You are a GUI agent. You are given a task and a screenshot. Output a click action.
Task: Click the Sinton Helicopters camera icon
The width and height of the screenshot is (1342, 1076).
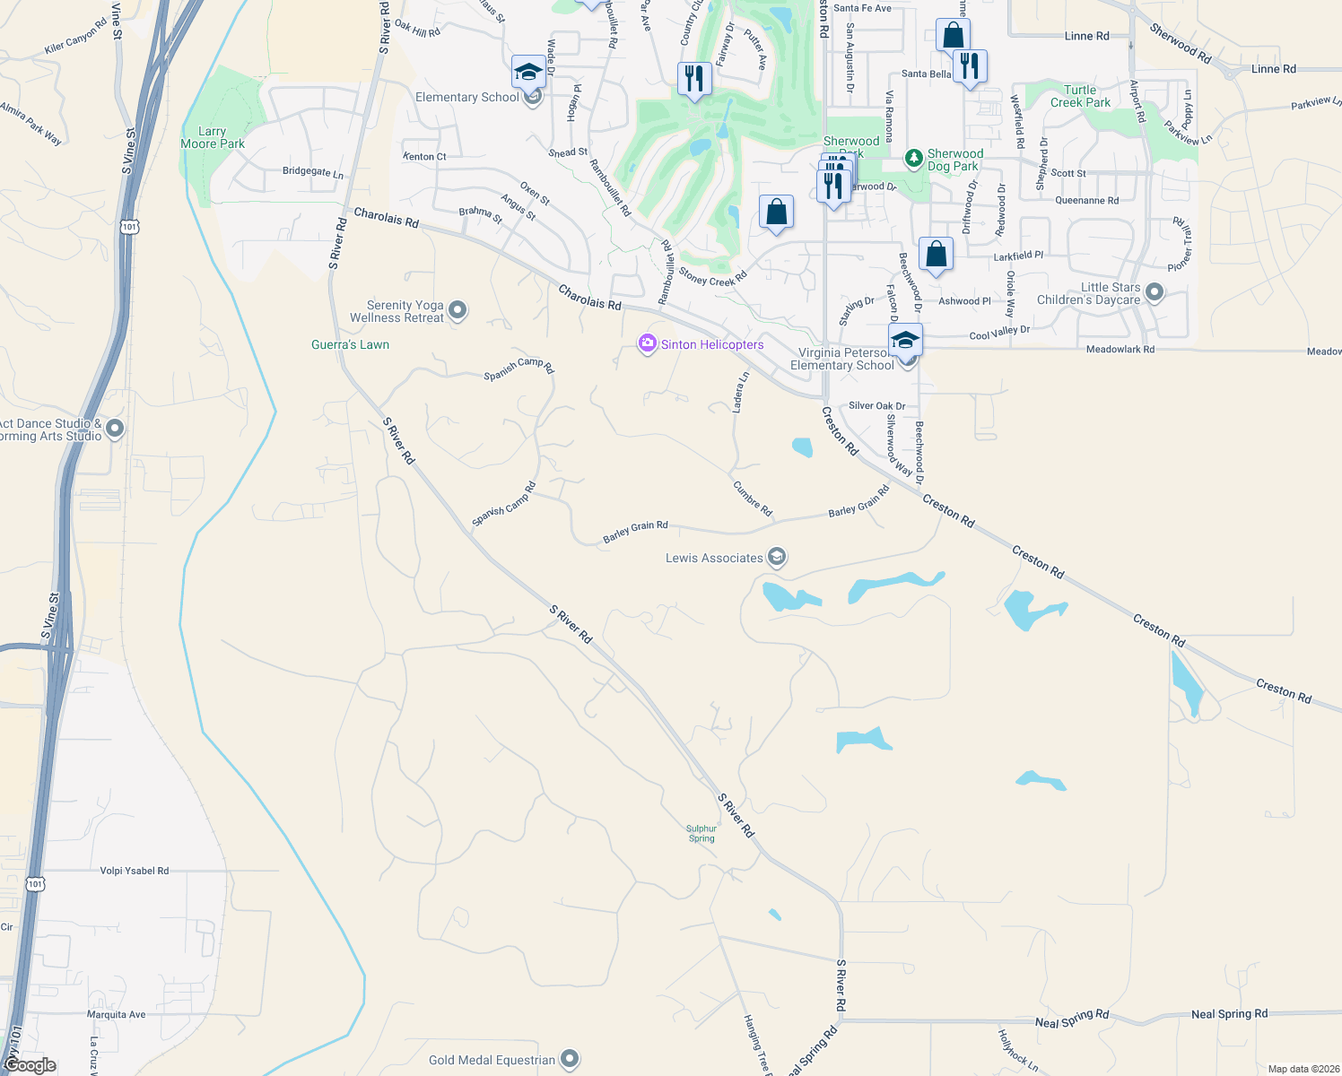click(x=647, y=343)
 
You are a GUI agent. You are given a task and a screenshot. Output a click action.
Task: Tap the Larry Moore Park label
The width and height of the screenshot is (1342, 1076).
click(x=213, y=137)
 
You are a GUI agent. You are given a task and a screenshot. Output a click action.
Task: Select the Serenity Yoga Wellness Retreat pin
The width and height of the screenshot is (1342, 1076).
click(x=457, y=311)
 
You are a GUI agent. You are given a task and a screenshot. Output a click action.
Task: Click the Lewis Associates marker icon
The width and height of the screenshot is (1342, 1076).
click(x=777, y=558)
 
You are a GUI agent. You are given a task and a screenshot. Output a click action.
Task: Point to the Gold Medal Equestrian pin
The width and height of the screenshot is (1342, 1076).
click(x=569, y=1059)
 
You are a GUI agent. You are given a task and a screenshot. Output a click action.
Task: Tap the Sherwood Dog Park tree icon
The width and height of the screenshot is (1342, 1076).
click(x=913, y=159)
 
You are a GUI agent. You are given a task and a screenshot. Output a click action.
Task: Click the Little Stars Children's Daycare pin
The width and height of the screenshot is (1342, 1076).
click(x=1155, y=292)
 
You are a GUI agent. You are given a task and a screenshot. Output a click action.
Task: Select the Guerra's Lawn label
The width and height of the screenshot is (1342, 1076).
click(x=350, y=344)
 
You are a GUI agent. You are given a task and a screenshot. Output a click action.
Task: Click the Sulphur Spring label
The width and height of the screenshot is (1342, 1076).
click(x=701, y=834)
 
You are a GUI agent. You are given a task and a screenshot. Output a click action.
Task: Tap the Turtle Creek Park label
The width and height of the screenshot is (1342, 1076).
click(x=1080, y=96)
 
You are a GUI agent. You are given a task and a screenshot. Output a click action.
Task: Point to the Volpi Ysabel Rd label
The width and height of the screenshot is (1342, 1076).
click(x=135, y=871)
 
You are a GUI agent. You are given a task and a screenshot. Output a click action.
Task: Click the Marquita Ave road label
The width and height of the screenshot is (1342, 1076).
click(x=116, y=1015)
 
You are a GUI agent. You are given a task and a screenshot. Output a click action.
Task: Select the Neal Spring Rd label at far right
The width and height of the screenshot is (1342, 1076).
click(x=1229, y=1014)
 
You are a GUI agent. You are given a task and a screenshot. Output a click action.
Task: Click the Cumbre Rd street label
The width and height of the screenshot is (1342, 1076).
click(x=753, y=499)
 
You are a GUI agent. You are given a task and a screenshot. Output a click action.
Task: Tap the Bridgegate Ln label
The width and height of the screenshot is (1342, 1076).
click(x=312, y=171)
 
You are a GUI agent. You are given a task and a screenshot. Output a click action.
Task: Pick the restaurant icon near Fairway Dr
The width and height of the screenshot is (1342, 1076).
click(x=693, y=78)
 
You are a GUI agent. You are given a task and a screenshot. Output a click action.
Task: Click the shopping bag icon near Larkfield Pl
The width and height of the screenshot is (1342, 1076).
click(x=936, y=254)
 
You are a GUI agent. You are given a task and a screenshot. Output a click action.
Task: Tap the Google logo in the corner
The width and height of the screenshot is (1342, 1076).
click(x=30, y=1064)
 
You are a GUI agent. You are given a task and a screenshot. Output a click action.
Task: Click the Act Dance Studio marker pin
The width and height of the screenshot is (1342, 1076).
click(x=114, y=429)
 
